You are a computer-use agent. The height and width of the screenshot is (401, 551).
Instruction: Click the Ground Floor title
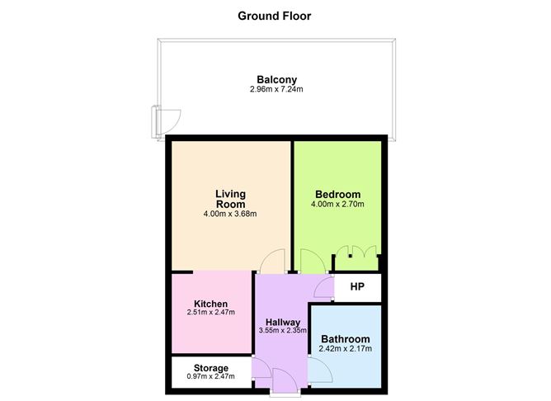click(275, 16)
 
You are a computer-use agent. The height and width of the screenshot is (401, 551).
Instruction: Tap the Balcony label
click(276, 79)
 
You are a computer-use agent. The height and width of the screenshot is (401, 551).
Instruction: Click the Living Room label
click(231, 199)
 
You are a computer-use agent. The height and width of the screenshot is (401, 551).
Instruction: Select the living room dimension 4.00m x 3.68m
click(231, 215)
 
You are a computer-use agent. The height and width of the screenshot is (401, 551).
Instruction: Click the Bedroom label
click(337, 194)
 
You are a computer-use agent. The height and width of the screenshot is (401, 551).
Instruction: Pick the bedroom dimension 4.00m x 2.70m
click(337, 205)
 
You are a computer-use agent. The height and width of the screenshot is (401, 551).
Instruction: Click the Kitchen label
click(210, 304)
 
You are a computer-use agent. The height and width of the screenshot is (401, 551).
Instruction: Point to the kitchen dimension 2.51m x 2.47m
click(210, 314)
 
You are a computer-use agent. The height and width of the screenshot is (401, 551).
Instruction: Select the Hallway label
click(283, 321)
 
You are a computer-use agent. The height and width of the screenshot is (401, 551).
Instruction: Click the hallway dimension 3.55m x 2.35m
click(283, 331)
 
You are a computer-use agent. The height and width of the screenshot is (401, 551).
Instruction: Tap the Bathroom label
click(346, 339)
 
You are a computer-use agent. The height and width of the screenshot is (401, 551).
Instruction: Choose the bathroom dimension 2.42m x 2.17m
click(346, 349)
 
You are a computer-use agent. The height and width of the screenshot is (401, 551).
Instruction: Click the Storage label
click(211, 368)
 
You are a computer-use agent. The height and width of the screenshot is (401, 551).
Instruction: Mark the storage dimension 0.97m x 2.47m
click(211, 377)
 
